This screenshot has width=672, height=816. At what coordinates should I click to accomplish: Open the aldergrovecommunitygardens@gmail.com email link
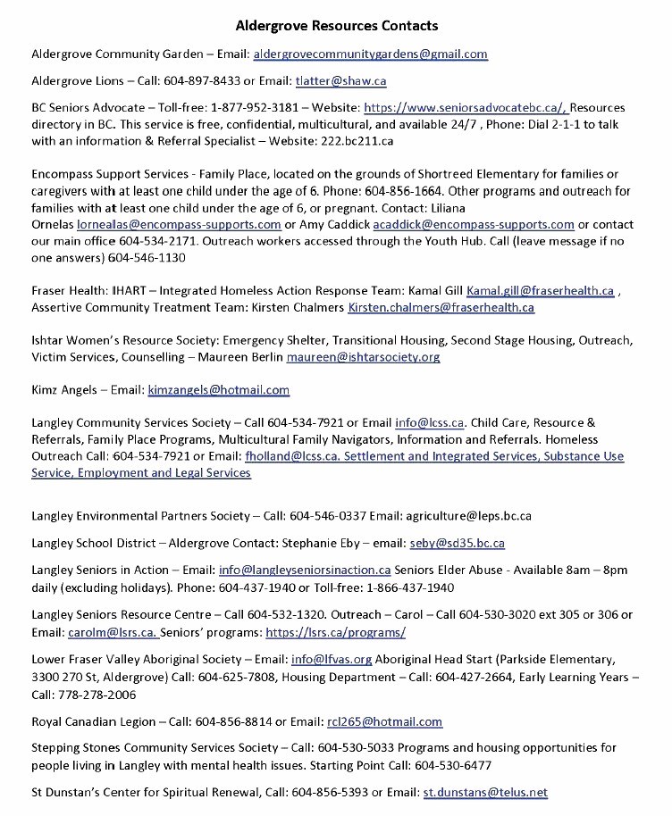coord(370,54)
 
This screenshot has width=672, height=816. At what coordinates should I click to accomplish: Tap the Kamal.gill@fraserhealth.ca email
coord(540,291)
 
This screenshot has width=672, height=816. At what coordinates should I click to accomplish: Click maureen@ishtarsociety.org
coord(363,357)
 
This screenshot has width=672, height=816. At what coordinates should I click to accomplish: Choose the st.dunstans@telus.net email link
coord(485,791)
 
